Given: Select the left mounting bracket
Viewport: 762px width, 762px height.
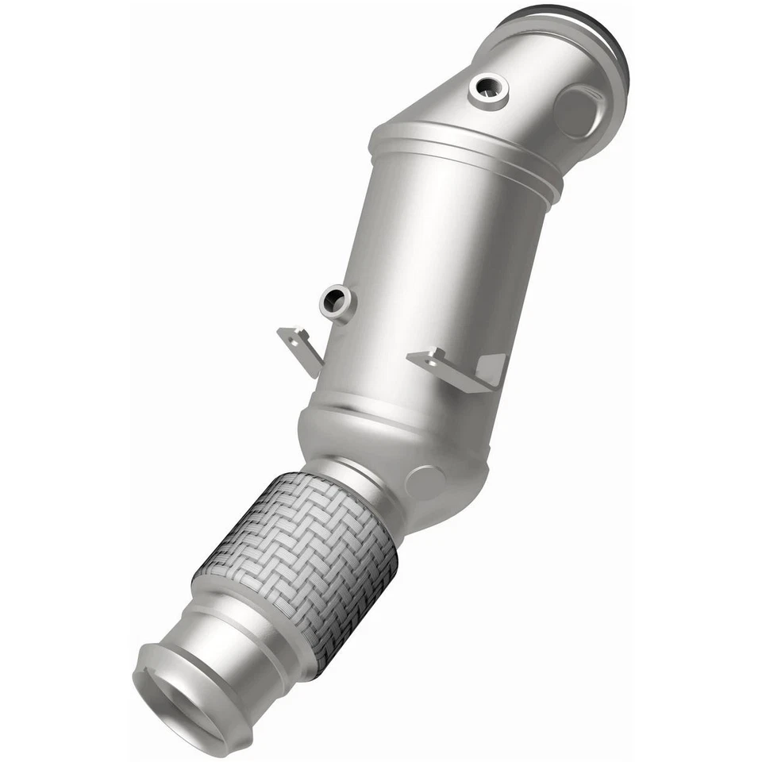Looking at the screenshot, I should (301, 348).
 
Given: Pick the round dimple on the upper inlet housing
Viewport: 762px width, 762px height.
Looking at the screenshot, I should (575, 111).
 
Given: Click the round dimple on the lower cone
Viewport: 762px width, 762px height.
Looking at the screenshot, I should (425, 482).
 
